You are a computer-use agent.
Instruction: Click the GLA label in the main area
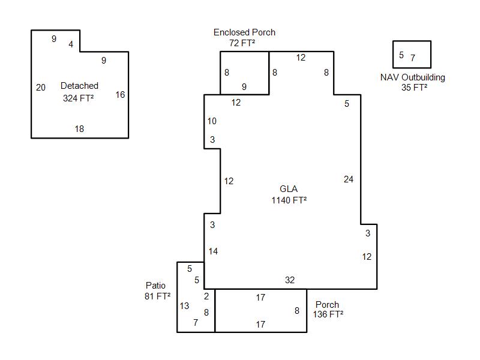[x=289, y=190]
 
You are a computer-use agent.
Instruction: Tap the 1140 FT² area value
[x=289, y=200]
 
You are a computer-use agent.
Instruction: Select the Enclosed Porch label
[x=244, y=32]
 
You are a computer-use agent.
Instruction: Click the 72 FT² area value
[x=244, y=43]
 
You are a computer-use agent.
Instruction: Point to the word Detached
[x=79, y=86]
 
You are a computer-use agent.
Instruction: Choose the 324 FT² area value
[x=79, y=97]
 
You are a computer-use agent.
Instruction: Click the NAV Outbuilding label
[x=413, y=77]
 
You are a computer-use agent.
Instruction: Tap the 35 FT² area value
[x=415, y=88]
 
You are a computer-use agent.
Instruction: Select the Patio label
[x=155, y=286]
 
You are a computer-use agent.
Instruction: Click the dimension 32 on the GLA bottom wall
[x=290, y=280]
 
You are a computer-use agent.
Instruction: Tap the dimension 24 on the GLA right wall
[x=349, y=179]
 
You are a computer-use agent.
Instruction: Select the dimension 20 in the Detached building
[x=40, y=88]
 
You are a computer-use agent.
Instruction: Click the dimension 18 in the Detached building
[x=79, y=129]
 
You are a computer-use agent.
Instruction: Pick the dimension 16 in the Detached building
[x=120, y=95]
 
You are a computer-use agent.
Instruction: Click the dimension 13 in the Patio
[x=184, y=306]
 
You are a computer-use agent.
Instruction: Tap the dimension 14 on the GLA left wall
[x=213, y=251]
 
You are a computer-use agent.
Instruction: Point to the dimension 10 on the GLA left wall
[x=212, y=121]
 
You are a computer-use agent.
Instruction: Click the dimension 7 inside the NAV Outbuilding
[x=413, y=58]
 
